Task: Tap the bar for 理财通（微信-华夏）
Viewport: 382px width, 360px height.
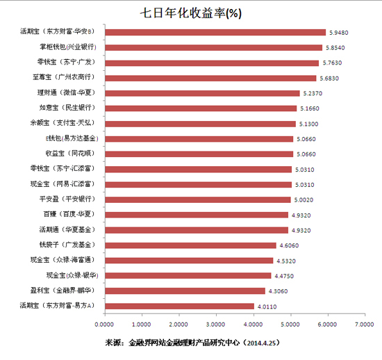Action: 202,93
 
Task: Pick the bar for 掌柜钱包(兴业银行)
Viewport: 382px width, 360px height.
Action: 213,47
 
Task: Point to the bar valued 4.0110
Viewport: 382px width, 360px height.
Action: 179,306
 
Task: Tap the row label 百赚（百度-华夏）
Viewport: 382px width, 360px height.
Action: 67,215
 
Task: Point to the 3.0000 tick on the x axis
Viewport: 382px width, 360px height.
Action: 216,325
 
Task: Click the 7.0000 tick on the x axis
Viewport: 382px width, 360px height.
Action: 364,325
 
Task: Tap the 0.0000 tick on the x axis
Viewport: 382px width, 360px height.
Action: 104,325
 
